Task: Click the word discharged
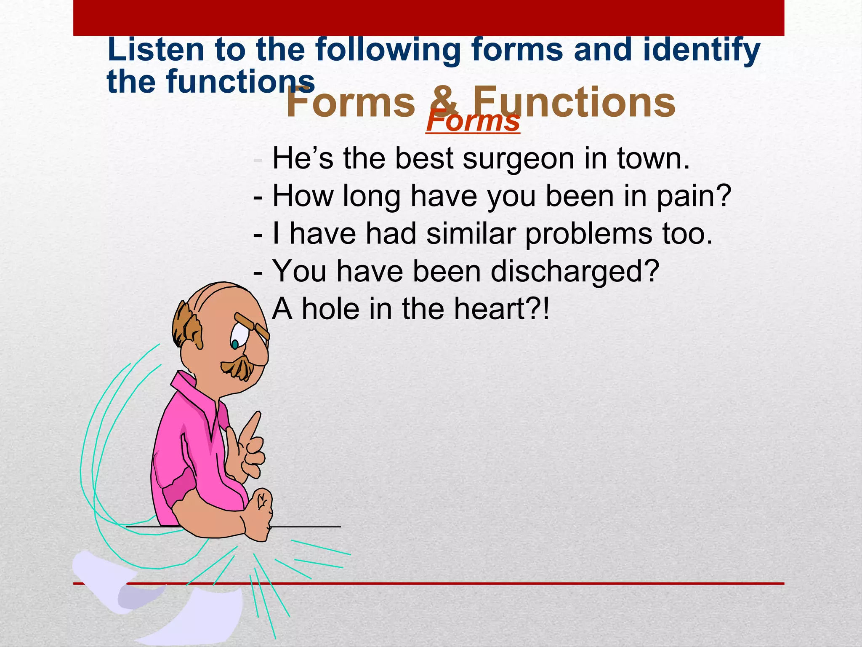[575, 272]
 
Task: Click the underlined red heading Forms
[473, 121]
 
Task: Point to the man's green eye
[235, 344]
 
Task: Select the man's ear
[196, 333]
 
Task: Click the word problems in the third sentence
[589, 234]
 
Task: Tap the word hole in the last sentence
[330, 309]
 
